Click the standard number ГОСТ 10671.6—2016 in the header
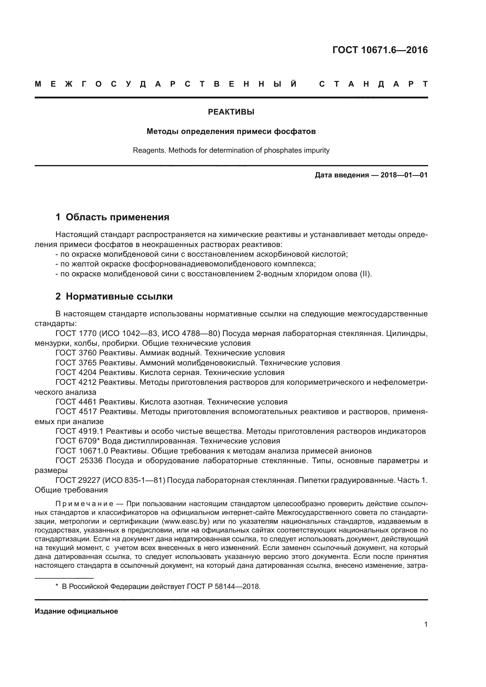point(380,50)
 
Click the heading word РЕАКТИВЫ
point(231,112)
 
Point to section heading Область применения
point(117,217)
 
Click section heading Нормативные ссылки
point(119,297)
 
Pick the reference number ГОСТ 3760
point(76,353)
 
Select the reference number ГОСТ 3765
point(76,363)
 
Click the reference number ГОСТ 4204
point(76,372)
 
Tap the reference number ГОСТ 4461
point(76,402)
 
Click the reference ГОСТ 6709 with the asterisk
point(78,441)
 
